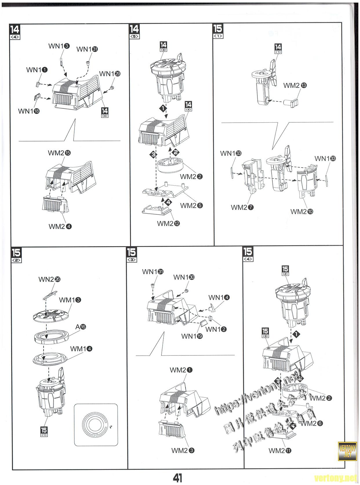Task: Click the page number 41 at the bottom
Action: (177, 477)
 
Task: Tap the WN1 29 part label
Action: (110, 74)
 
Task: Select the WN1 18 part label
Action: (28, 111)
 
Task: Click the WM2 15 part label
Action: (59, 153)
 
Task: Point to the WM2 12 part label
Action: (168, 224)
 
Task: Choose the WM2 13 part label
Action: (295, 86)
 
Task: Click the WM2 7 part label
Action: (242, 207)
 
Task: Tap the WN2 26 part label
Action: (49, 279)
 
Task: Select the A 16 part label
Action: (81, 327)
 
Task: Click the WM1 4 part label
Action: (81, 348)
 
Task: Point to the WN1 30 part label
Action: (184, 277)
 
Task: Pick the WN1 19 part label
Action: (192, 336)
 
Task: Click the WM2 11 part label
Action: (280, 451)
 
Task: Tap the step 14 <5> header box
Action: (134, 31)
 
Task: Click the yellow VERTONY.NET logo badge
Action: (347, 451)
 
